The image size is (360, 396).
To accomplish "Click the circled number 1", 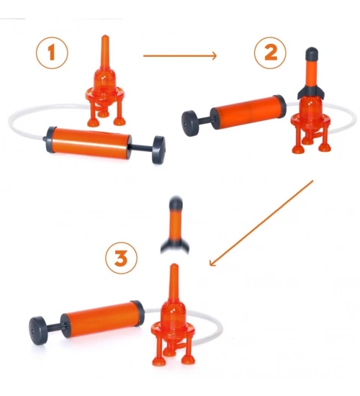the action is [52, 53].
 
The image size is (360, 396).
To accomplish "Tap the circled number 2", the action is [270, 53].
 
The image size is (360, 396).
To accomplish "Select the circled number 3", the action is [121, 258].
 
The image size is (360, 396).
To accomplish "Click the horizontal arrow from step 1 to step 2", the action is [180, 56].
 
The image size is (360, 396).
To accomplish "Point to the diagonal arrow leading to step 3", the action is [261, 223].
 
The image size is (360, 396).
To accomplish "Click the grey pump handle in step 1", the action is [158, 150].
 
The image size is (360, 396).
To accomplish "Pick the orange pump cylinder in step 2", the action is [248, 112].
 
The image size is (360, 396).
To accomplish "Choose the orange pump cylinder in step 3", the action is [103, 318].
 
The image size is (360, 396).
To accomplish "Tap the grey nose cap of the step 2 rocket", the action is [312, 53].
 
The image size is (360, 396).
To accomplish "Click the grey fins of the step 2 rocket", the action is [311, 93].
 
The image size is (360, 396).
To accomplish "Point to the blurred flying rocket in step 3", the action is [175, 225].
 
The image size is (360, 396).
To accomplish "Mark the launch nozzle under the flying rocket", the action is [174, 282].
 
